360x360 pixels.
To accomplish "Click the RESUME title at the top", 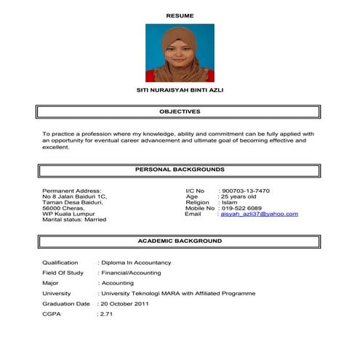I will [180, 15].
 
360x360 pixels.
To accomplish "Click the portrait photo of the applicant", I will [180, 53].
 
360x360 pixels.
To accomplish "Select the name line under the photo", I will [180, 94].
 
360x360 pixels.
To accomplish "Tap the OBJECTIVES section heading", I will [180, 112].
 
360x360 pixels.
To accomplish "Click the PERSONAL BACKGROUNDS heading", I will [180, 169].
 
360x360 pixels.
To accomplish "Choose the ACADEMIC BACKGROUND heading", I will [180, 240].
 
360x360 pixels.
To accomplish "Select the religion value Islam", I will [230, 203].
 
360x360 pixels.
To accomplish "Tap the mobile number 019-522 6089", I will [244, 209].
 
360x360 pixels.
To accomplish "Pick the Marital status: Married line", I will [75, 220].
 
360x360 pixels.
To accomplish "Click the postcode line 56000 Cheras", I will [64, 208].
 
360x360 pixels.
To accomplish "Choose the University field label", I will [57, 293].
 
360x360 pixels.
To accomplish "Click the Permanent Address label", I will [72, 191].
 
